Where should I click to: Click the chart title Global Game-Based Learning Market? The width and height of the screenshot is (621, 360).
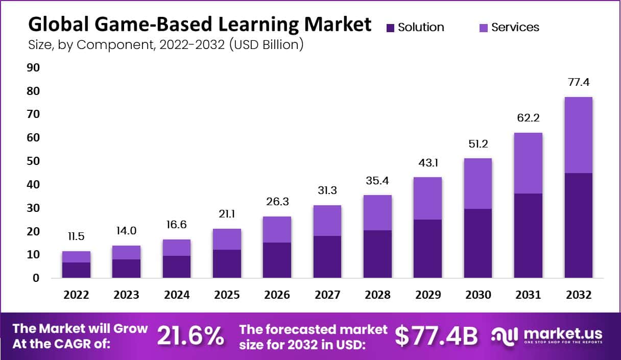(x=200, y=24)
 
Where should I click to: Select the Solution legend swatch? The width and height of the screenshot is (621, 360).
(x=391, y=28)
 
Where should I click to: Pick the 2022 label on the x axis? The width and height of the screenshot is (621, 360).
(x=76, y=295)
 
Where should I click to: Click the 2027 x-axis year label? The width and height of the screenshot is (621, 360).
(x=327, y=295)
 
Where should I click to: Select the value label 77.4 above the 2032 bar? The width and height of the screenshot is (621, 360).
(x=578, y=82)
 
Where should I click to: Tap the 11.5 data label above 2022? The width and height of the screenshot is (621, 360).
(x=76, y=236)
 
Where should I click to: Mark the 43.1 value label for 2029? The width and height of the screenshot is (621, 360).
(x=427, y=163)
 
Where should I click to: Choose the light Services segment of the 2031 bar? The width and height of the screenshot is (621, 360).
(x=528, y=163)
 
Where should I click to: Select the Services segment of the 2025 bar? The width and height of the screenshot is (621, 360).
(x=227, y=239)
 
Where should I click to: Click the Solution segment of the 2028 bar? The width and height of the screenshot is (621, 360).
(x=377, y=254)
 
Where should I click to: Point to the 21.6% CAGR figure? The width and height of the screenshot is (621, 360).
(x=190, y=336)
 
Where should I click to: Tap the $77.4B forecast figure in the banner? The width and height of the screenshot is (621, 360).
(x=436, y=336)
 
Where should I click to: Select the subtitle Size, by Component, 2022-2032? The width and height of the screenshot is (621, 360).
(x=166, y=45)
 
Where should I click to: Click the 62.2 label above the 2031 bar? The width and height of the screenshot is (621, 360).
(x=528, y=118)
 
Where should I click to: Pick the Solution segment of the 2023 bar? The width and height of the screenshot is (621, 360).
(x=126, y=269)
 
